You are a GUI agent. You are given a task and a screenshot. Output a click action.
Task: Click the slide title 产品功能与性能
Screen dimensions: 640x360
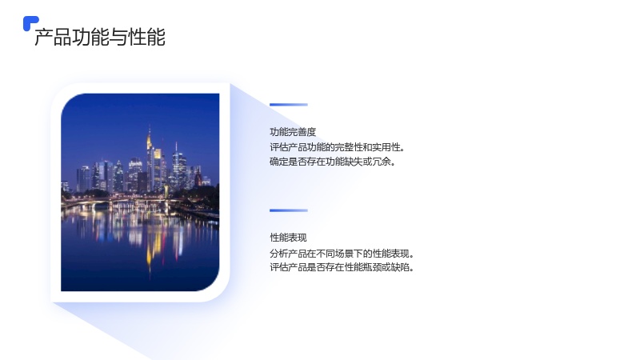[100, 37]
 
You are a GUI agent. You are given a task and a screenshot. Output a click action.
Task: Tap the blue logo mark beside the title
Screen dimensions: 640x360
[30, 23]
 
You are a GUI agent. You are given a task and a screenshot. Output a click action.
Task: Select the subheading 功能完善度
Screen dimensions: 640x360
[293, 132]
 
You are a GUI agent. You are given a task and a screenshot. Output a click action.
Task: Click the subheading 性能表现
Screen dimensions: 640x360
[288, 238]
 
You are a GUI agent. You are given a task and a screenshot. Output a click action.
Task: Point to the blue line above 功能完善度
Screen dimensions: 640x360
[289, 105]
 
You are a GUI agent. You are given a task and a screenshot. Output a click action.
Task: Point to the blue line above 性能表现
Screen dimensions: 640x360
[289, 210]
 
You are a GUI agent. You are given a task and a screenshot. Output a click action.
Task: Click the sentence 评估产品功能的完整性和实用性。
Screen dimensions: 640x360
[337, 147]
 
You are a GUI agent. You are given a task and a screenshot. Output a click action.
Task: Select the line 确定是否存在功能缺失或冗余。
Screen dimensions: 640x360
[332, 162]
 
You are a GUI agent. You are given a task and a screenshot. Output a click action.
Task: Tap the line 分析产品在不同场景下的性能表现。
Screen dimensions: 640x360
[342, 254]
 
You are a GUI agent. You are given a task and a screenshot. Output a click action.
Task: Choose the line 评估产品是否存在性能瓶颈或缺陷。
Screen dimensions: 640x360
[342, 267]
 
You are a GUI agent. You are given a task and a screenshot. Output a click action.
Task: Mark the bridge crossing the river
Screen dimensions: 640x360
[122, 201]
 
